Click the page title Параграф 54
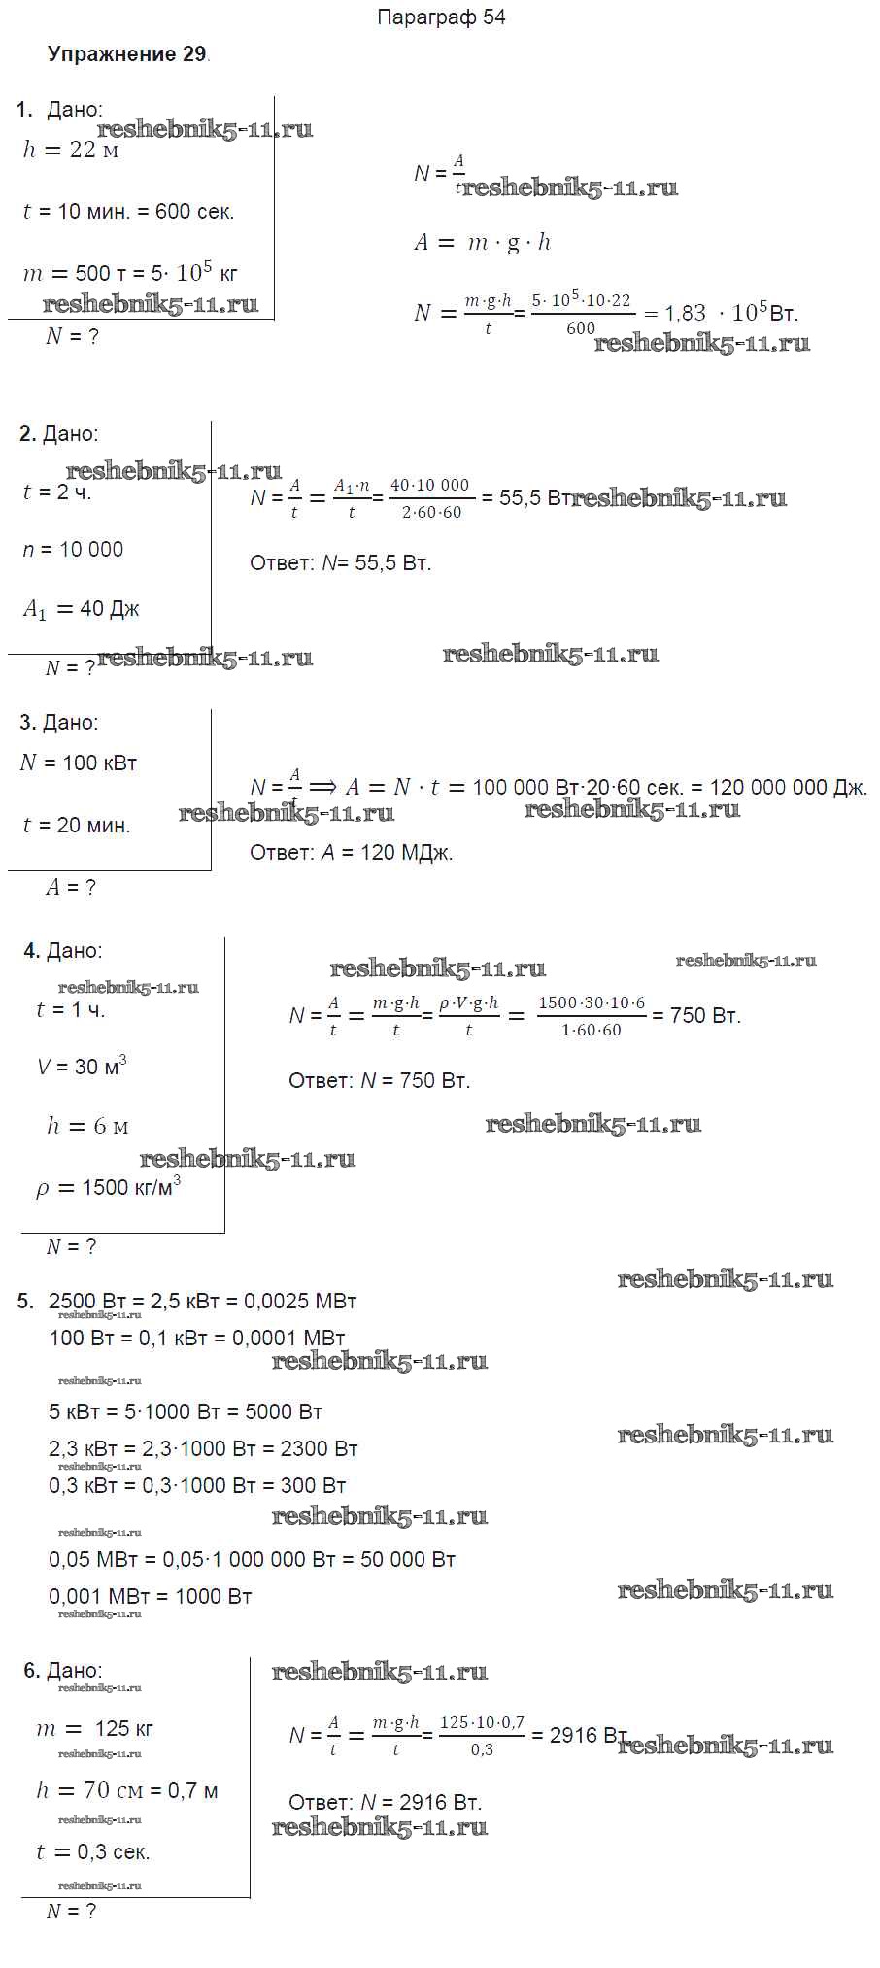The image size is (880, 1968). pyautogui.click(x=440, y=17)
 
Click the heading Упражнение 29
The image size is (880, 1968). pyautogui.click(x=127, y=54)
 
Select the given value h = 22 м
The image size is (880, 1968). pyautogui.click(x=71, y=150)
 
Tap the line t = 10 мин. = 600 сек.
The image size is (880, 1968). pyautogui.click(x=128, y=212)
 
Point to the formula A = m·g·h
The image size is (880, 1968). pyautogui.click(x=482, y=243)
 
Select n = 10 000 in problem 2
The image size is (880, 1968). pyautogui.click(x=73, y=550)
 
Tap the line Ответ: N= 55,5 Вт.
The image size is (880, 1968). pyautogui.click(x=340, y=563)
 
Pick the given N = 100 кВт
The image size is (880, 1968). pyautogui.click(x=79, y=763)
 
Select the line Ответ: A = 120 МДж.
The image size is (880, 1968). pyautogui.click(x=351, y=853)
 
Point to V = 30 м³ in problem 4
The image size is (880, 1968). pyautogui.click(x=82, y=1067)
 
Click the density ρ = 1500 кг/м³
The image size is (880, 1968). pyautogui.click(x=108, y=1187)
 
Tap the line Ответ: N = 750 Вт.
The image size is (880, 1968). pyautogui.click(x=379, y=1081)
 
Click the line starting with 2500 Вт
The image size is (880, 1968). pyautogui.click(x=202, y=1302)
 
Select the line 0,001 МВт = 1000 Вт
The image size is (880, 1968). pyautogui.click(x=150, y=1597)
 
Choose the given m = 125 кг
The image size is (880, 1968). pyautogui.click(x=95, y=1729)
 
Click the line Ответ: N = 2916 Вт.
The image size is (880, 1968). pyautogui.click(x=385, y=1803)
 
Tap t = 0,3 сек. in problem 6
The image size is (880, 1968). pyautogui.click(x=93, y=1852)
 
